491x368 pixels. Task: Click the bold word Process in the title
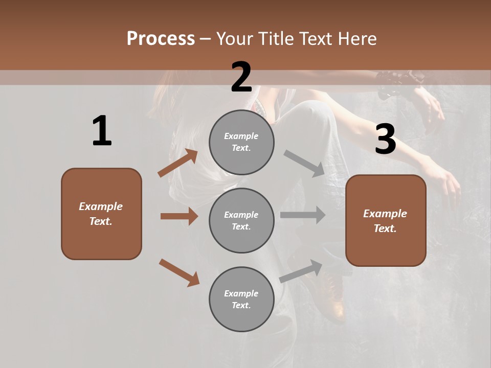point(161,39)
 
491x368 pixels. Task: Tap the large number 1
point(102,131)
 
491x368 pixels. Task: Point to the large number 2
point(241,77)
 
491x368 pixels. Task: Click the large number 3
point(385,139)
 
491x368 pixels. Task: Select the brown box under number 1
point(101,214)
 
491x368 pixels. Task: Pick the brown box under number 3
point(386,220)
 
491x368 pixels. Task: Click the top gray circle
point(241,142)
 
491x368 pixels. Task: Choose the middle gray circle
point(241,220)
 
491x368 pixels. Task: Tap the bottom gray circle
point(241,299)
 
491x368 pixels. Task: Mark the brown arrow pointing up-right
point(178,163)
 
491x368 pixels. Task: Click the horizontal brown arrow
point(179,216)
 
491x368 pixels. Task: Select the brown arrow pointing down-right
point(179,272)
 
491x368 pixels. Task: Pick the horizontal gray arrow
point(303,215)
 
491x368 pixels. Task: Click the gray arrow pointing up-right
point(301,271)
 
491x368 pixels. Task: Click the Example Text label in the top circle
point(241,142)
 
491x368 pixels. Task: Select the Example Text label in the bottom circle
point(241,299)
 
